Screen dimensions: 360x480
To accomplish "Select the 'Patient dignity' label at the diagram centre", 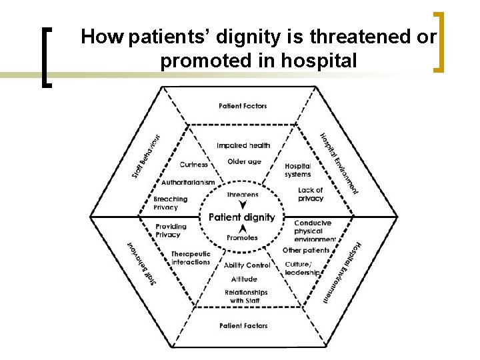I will click(241, 217).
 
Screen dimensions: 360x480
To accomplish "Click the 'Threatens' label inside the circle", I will click(242, 195).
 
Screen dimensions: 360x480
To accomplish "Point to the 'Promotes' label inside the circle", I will click(242, 238).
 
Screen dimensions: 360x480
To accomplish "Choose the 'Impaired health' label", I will click(243, 145).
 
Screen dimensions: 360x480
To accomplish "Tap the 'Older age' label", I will click(244, 161).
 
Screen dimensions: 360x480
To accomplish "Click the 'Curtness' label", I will click(194, 165).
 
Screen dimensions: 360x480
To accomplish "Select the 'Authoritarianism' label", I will click(188, 182).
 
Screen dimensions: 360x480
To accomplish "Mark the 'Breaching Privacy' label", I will click(171, 203).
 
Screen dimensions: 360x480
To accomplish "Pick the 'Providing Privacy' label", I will click(171, 230).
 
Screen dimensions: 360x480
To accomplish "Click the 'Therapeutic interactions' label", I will click(191, 258).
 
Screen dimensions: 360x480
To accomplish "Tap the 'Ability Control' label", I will click(247, 265).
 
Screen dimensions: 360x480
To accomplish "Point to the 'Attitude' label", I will click(244, 279).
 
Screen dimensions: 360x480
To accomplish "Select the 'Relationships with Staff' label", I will click(246, 296).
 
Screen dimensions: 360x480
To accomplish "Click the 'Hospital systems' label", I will click(297, 170).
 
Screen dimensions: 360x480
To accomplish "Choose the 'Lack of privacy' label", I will click(311, 194).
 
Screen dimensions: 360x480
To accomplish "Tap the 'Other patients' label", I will click(306, 251).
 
